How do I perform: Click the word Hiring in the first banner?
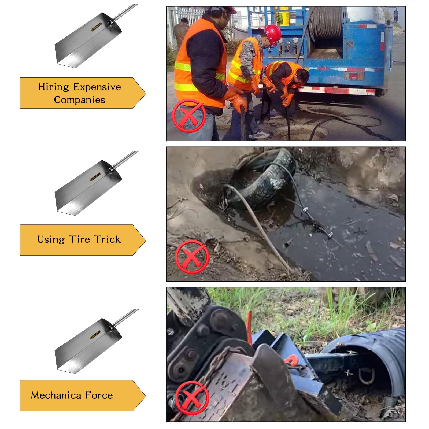(x=54, y=87)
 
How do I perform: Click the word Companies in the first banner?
(x=80, y=100)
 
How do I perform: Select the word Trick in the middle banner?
(x=108, y=239)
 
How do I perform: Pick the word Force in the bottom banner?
(x=99, y=395)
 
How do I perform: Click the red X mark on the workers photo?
(x=189, y=116)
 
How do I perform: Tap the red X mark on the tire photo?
(x=192, y=257)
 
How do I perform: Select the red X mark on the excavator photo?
(x=192, y=398)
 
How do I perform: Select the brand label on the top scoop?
(x=96, y=27)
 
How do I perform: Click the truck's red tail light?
(x=354, y=76)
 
